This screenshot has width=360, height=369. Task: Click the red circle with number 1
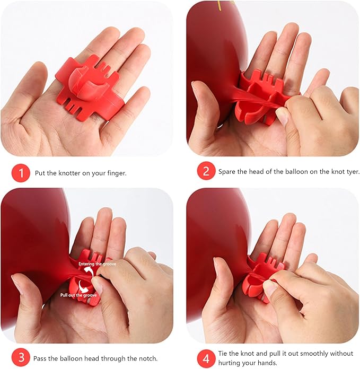[x=21, y=173]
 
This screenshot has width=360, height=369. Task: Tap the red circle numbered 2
[x=206, y=171]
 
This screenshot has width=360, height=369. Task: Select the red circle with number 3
[x=21, y=358]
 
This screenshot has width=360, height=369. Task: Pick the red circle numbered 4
[x=206, y=358]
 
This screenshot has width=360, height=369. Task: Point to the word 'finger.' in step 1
[x=117, y=173]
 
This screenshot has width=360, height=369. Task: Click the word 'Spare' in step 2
[x=227, y=172]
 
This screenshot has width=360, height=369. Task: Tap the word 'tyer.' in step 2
[x=353, y=172]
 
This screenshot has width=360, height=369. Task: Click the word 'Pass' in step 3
[x=40, y=358]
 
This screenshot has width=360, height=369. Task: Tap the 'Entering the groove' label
[x=97, y=264]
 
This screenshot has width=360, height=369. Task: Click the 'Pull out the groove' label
[x=78, y=295]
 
